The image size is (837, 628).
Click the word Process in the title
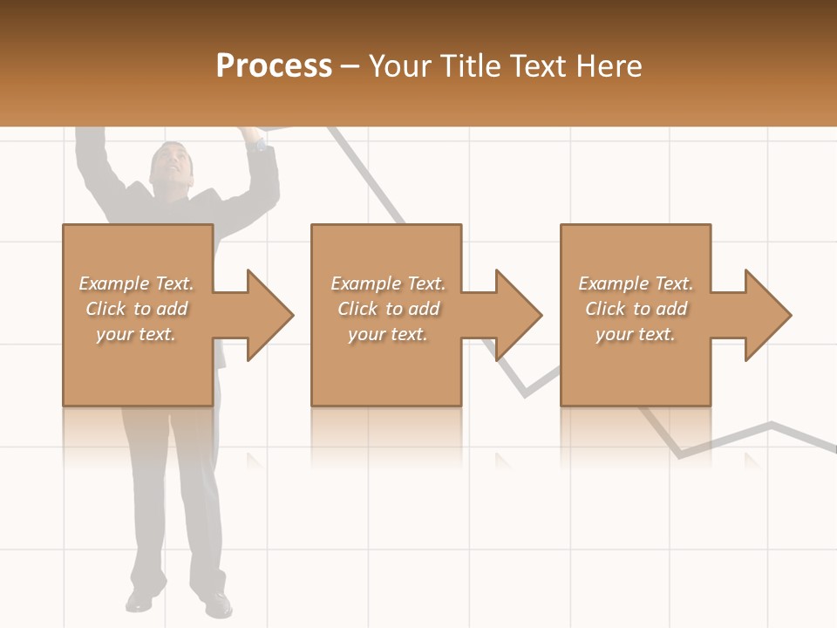pyautogui.click(x=274, y=66)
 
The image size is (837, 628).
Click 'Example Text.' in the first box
pyautogui.click(x=136, y=283)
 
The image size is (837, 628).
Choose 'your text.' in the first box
pyautogui.click(x=136, y=334)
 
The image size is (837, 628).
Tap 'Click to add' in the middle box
pyautogui.click(x=388, y=309)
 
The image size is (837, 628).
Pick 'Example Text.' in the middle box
pyautogui.click(x=388, y=283)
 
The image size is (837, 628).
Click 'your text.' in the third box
pyautogui.click(x=636, y=334)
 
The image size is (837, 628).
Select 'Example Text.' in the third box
pyautogui.click(x=636, y=283)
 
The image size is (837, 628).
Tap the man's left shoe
pyautogui.click(x=219, y=602)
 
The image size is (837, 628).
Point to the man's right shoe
pyautogui.click(x=139, y=599)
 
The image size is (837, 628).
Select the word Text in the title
pyautogui.click(x=535, y=66)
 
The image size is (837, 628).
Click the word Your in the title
pyautogui.click(x=400, y=66)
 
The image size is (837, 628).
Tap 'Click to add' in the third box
pyautogui.click(x=636, y=309)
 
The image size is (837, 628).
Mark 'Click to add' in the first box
pyautogui.click(x=136, y=309)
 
